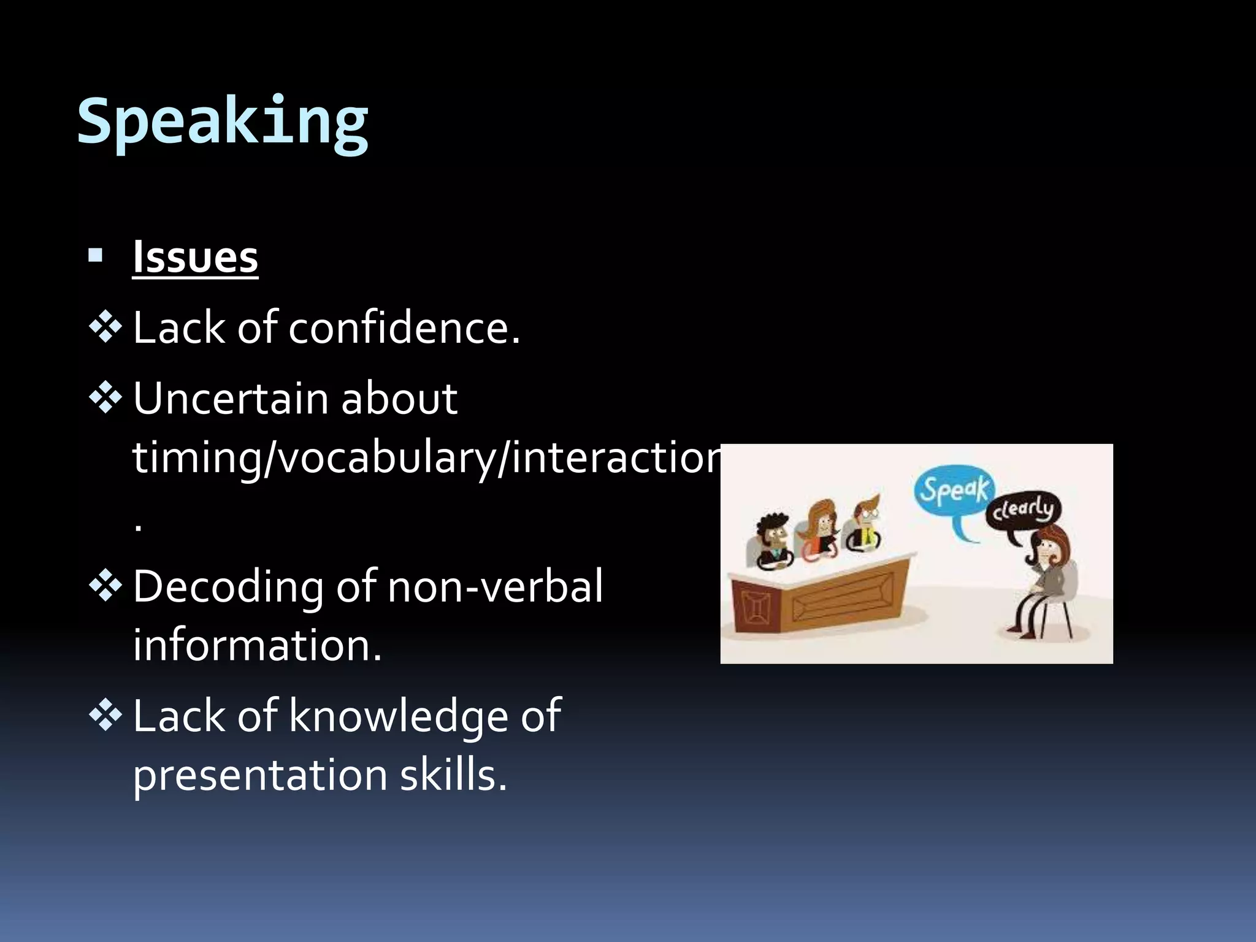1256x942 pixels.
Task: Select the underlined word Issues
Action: pos(195,258)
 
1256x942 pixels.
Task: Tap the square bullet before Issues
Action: pos(95,255)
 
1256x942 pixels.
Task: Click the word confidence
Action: pos(404,328)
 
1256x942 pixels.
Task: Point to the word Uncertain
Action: pos(230,399)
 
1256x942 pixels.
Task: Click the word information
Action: pos(257,646)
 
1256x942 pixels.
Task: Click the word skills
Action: pos(453,776)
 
